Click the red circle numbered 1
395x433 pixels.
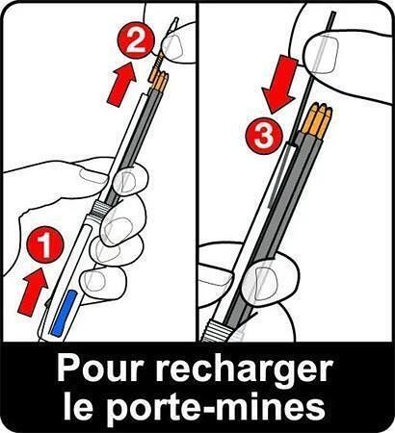coord(45,244)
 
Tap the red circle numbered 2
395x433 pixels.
coord(136,39)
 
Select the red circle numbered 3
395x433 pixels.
coord(264,135)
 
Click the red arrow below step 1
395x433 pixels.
coord(33,292)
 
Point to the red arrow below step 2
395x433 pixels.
coord(121,84)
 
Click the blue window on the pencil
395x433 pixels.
coord(65,314)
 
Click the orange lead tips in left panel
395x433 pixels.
coord(158,80)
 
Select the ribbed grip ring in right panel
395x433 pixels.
coord(215,330)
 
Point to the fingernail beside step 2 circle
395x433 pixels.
coord(171,47)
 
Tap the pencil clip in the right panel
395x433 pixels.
coord(280,175)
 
